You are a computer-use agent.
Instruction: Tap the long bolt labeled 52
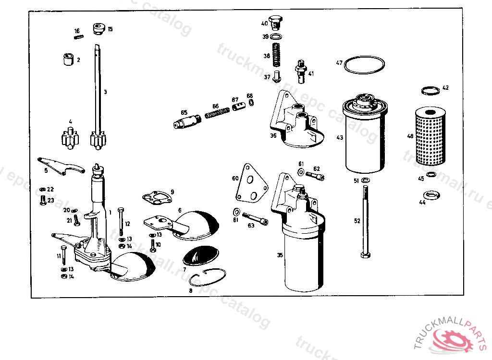click(x=364, y=221)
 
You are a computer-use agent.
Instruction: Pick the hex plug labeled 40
click(x=275, y=22)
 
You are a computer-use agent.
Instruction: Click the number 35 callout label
click(x=280, y=255)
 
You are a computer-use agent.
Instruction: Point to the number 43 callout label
click(x=339, y=138)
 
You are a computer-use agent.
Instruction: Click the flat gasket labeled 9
click(x=156, y=199)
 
